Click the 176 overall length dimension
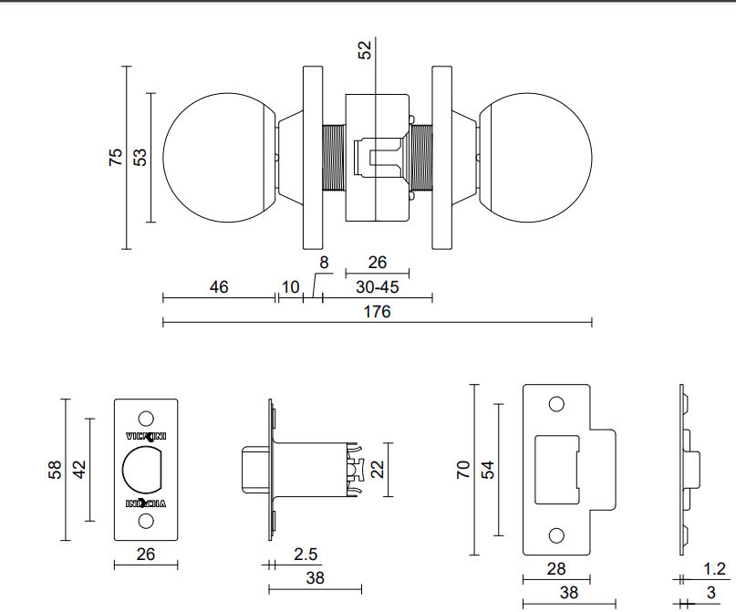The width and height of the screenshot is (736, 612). pyautogui.click(x=376, y=312)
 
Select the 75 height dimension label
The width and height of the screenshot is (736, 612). pyautogui.click(x=116, y=157)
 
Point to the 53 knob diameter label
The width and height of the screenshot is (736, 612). pyautogui.click(x=140, y=157)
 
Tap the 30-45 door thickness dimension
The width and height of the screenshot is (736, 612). pyautogui.click(x=377, y=286)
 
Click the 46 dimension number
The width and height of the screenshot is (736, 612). pyautogui.click(x=219, y=286)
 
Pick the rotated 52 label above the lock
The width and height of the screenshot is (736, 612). pyautogui.click(x=366, y=49)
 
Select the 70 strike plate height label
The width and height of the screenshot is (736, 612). pyautogui.click(x=462, y=470)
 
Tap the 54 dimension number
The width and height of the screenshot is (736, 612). pyautogui.click(x=487, y=470)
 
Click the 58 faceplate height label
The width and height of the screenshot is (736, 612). pyautogui.click(x=55, y=470)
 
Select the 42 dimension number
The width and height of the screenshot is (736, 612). pyautogui.click(x=79, y=470)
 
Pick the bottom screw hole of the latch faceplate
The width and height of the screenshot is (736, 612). pyautogui.click(x=145, y=522)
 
